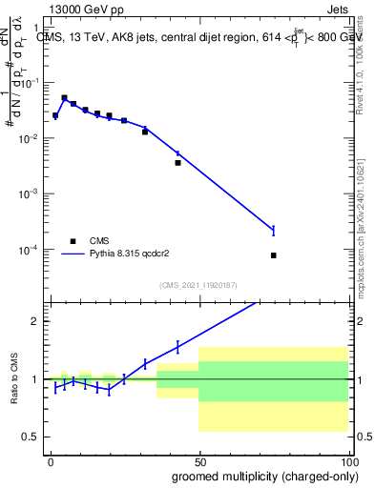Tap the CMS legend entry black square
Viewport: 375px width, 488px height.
tap(71, 241)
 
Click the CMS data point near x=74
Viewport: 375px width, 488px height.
tap(273, 255)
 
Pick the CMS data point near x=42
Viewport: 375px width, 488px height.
tap(177, 163)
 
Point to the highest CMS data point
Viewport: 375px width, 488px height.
tap(64, 98)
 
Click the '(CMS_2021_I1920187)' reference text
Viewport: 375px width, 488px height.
tap(199, 285)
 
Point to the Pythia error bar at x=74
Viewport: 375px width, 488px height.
tap(273, 230)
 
